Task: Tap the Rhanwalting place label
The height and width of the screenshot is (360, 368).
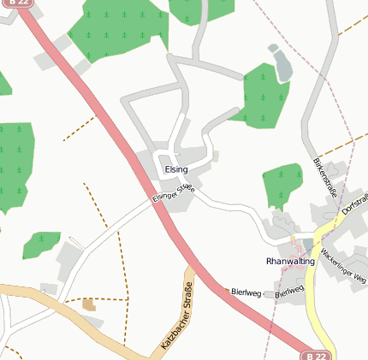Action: click(291, 261)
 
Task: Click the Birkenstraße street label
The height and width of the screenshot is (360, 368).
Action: click(327, 179)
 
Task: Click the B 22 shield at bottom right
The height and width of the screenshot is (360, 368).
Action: click(316, 355)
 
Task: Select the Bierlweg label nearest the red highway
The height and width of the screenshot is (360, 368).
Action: click(246, 292)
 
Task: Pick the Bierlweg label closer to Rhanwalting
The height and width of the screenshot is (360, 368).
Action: click(290, 292)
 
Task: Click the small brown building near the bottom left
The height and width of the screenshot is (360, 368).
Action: click(89, 304)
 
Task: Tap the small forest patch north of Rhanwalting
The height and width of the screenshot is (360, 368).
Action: click(282, 184)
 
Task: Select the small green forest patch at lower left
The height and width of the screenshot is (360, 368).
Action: click(40, 245)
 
